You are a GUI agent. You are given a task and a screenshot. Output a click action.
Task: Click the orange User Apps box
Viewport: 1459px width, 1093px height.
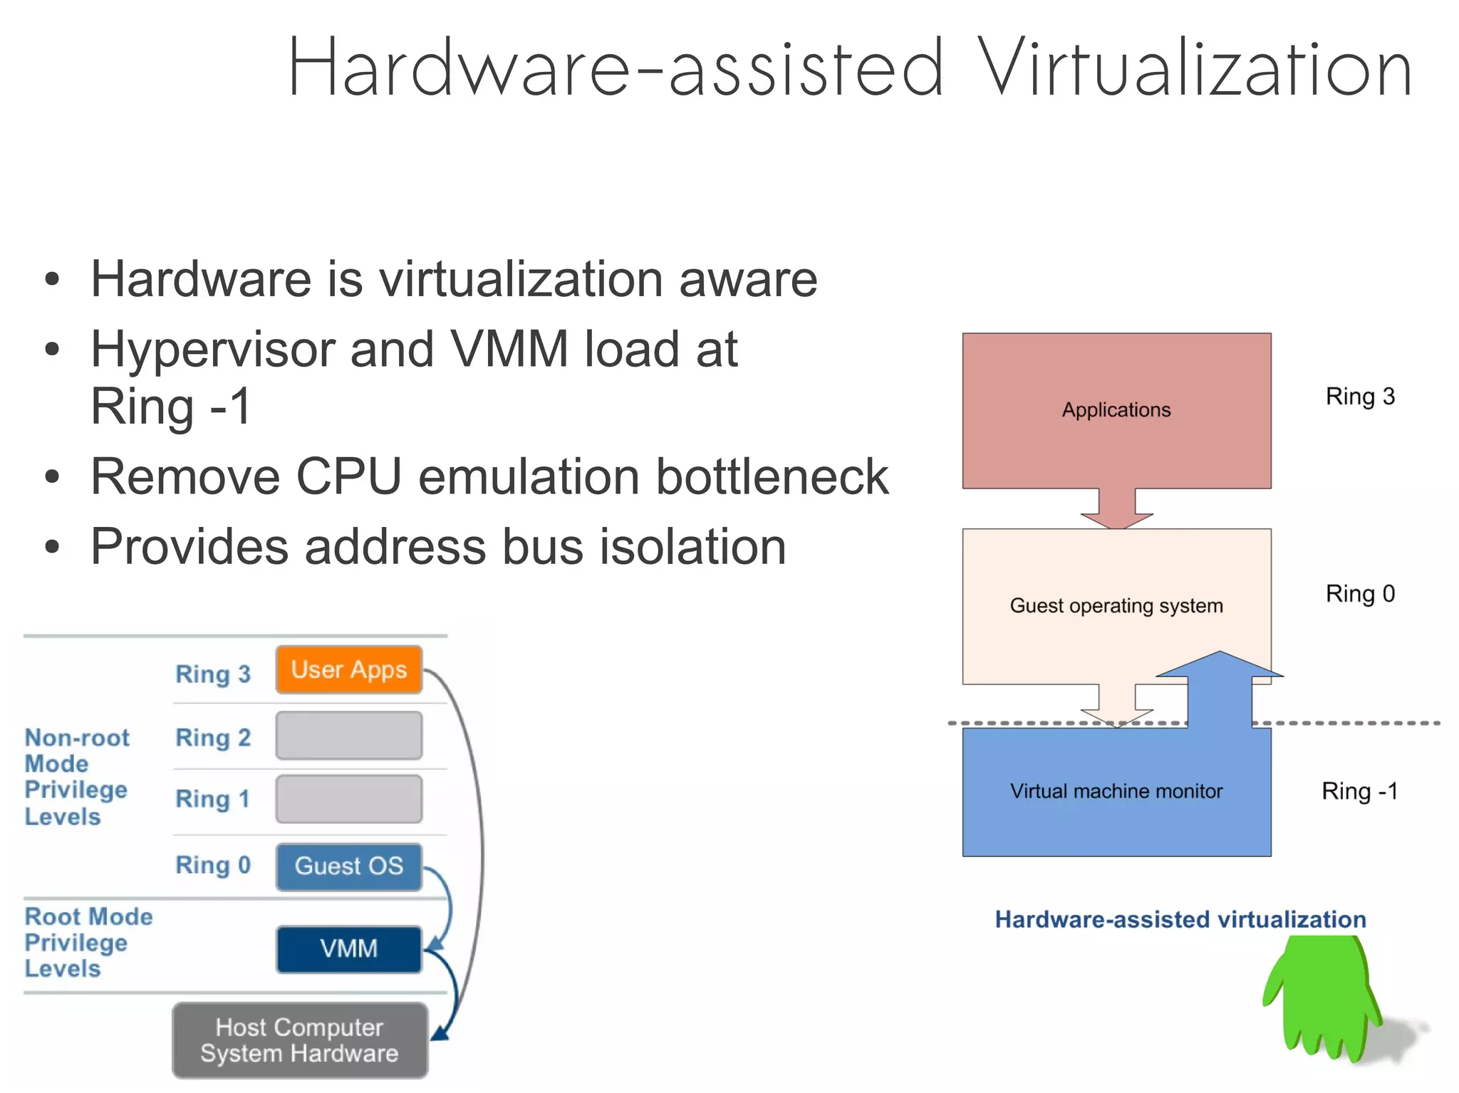pos(348,669)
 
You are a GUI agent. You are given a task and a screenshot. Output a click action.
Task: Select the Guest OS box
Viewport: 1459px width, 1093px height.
pos(348,866)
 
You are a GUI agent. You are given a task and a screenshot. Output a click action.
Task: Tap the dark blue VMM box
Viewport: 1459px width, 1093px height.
pos(348,948)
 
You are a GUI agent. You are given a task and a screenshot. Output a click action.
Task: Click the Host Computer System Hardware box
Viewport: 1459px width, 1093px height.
pos(299,1040)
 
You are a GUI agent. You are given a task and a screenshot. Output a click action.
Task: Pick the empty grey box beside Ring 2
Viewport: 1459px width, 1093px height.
pos(348,736)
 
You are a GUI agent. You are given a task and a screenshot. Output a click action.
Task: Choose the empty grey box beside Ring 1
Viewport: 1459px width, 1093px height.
pos(348,799)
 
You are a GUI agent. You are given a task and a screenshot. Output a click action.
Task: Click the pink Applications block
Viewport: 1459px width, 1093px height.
pos(1116,410)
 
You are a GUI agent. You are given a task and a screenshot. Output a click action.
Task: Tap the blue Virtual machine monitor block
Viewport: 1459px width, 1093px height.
pos(1116,791)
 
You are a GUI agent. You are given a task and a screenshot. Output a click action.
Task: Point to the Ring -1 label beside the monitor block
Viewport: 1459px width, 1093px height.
pos(1359,791)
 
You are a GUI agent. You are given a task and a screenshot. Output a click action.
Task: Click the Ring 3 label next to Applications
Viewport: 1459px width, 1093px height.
pos(1359,397)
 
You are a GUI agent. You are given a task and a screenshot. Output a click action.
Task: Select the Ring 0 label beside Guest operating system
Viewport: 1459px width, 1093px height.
pos(1359,594)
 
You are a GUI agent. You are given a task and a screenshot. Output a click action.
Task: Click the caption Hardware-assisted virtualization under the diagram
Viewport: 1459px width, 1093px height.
pos(1180,919)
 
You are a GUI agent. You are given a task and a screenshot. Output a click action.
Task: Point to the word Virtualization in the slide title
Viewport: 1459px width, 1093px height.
pos(1194,69)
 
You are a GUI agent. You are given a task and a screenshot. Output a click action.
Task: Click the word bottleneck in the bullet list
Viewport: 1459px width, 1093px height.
pos(772,476)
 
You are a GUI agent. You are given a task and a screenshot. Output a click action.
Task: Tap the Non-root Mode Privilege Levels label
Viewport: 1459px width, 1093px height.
pos(77,777)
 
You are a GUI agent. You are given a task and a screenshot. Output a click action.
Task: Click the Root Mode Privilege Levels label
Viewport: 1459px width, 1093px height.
pos(88,942)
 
